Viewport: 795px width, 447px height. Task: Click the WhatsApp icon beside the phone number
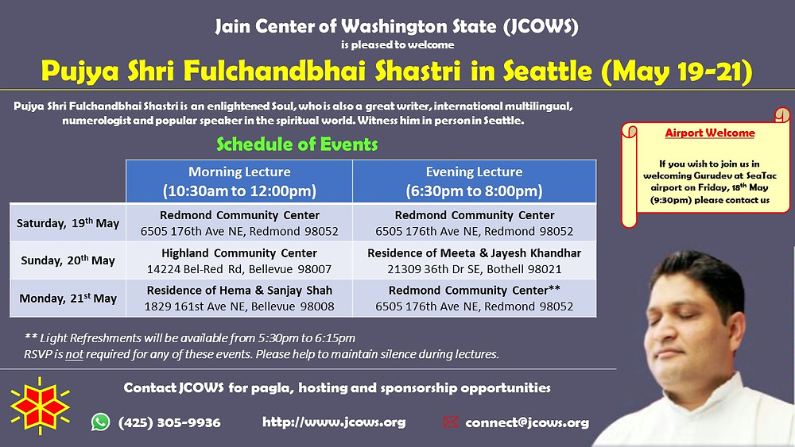[100, 422]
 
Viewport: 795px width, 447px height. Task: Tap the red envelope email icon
[450, 422]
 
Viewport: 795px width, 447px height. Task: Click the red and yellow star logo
[40, 406]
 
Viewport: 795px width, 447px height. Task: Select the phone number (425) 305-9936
[169, 422]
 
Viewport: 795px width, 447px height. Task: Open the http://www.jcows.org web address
[334, 422]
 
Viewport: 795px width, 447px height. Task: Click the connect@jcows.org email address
[527, 422]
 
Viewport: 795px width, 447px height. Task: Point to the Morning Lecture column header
[239, 181]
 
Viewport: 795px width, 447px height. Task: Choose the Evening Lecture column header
[474, 181]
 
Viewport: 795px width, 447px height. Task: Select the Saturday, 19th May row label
[68, 223]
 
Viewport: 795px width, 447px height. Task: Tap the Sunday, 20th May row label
[68, 260]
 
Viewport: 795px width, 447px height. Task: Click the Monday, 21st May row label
[68, 299]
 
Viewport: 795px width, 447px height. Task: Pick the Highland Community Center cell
[239, 260]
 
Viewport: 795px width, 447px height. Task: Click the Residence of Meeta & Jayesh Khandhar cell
[474, 260]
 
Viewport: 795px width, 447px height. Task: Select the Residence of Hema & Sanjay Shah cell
[239, 299]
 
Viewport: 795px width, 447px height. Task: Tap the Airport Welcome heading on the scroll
[710, 133]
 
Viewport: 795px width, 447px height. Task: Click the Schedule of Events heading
[297, 145]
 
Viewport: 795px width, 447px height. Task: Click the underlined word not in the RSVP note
[74, 354]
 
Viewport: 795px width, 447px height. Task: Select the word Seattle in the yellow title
[548, 71]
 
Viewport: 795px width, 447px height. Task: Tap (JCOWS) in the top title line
[541, 26]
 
